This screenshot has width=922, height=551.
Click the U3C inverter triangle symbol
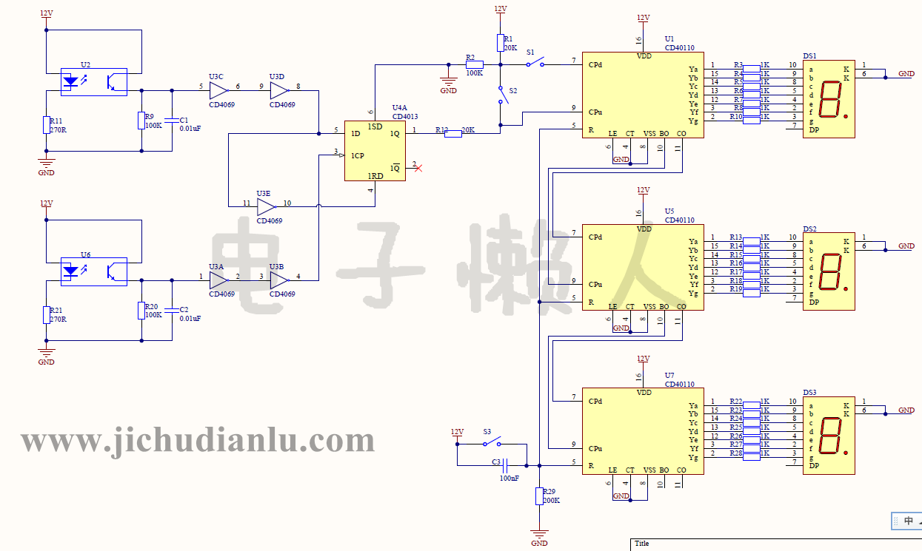pos(218,91)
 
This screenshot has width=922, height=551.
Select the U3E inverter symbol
pos(266,204)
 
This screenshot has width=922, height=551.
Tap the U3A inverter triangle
pos(218,280)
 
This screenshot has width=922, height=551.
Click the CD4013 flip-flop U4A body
pos(375,151)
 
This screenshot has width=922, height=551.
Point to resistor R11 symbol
pos(47,125)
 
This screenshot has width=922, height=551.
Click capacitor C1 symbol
pos(172,120)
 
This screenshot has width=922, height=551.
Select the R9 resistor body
pos(141,121)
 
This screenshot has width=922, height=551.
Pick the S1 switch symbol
pos(535,64)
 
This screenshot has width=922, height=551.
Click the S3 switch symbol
pos(492,443)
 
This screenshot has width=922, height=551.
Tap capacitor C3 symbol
pos(505,466)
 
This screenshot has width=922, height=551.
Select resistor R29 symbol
pos(539,496)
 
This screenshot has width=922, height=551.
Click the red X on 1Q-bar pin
pos(418,168)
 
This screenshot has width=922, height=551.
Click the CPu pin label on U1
pos(595,112)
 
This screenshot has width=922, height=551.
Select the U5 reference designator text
pos(669,212)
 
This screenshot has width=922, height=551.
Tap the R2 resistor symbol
pos(475,65)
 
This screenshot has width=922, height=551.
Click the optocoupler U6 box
pos(93,271)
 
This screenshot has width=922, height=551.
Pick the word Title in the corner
pos(641,544)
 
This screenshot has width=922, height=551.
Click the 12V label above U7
pos(643,359)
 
